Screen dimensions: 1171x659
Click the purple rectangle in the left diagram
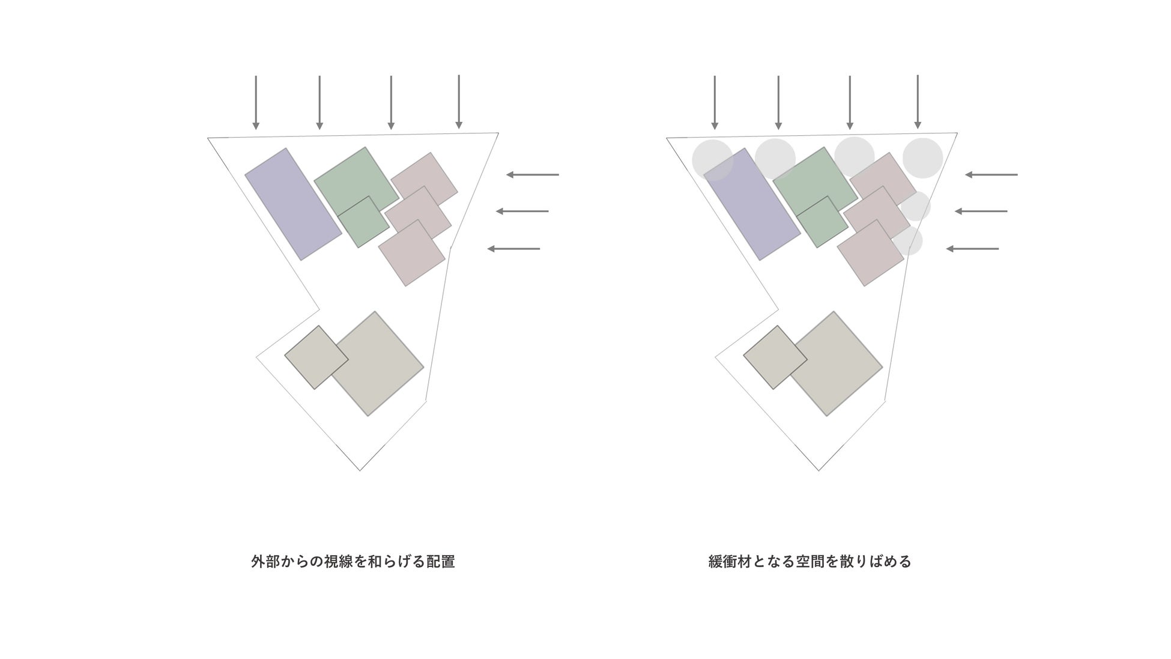tap(293, 204)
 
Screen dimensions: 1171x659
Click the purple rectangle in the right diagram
tap(752, 204)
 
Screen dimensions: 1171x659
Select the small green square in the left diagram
tap(363, 222)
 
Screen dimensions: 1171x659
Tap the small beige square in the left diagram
tap(316, 357)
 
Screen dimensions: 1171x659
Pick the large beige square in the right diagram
tap(836, 363)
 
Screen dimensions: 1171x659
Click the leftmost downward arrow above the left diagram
tap(256, 102)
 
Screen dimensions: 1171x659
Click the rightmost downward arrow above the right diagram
tap(918, 102)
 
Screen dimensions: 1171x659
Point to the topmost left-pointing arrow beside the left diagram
tap(532, 175)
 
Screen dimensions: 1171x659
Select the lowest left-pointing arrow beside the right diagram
tap(972, 249)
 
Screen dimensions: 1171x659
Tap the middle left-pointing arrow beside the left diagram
tap(522, 211)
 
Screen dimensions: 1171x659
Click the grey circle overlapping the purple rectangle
tap(712, 160)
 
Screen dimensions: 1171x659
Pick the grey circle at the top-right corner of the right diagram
tap(922, 158)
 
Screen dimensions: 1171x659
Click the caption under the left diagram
tap(353, 562)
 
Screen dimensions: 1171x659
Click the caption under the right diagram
tap(809, 562)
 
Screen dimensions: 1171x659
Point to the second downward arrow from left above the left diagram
tap(319, 102)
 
